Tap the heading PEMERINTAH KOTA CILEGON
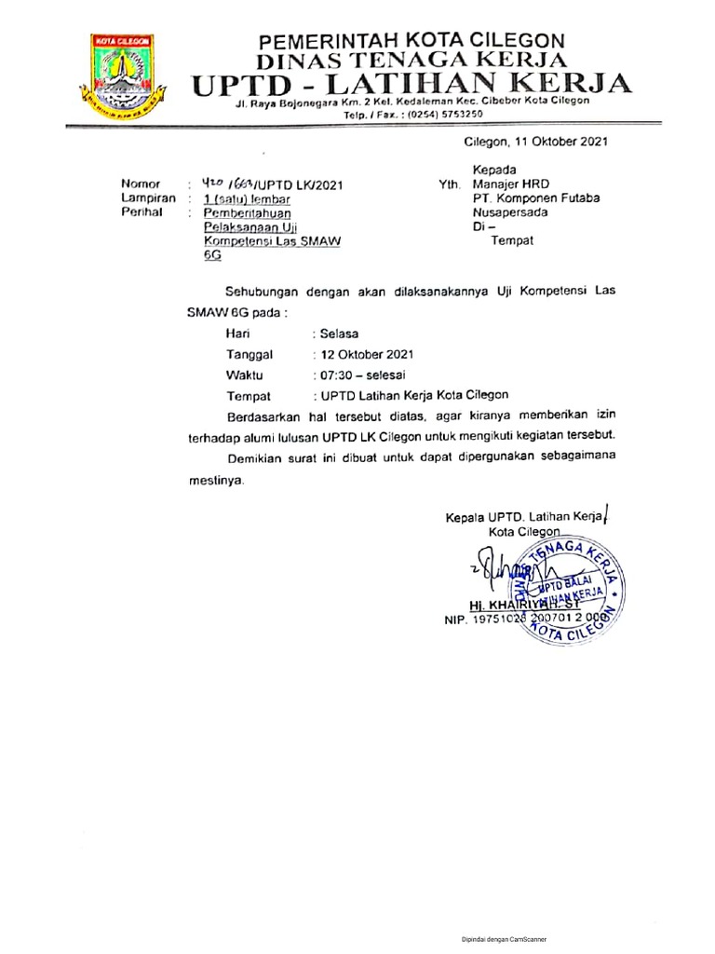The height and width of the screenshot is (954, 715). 411,41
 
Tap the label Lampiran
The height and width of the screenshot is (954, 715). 148,198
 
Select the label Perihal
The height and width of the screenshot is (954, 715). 142,212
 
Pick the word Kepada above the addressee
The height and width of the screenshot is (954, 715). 494,170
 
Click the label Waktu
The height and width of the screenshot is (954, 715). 245,375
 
